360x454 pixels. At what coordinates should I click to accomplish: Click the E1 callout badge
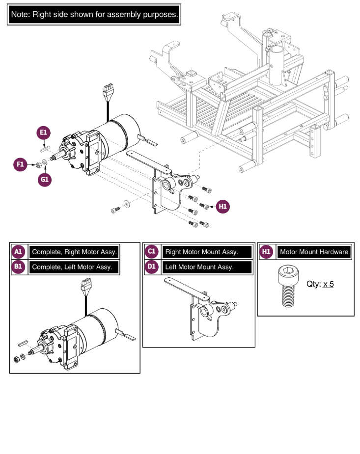click(44, 133)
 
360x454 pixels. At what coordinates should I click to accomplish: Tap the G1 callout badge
click(45, 180)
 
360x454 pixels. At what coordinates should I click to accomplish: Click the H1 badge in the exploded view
click(223, 207)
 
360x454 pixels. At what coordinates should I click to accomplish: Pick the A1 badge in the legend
click(18, 252)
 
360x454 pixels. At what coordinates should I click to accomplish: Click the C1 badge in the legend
click(152, 252)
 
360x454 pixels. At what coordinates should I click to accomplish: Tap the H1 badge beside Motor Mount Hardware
click(267, 252)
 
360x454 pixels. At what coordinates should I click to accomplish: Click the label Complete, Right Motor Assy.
click(74, 252)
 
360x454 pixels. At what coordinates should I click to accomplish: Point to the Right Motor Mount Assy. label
click(201, 252)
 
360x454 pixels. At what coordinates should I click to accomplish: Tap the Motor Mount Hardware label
click(314, 252)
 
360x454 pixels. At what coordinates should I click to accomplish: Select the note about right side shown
click(94, 15)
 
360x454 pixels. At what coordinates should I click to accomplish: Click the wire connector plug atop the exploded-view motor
click(107, 90)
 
